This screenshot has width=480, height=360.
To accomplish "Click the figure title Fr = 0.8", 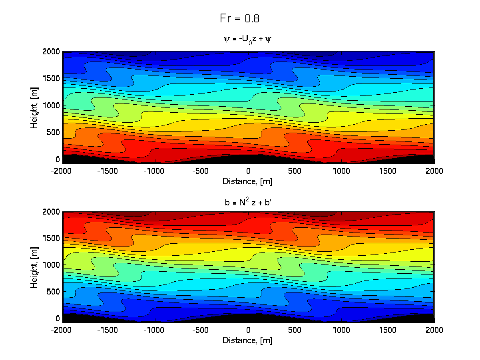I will tap(240, 18).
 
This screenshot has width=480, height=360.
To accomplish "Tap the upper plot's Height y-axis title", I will tap(35, 107).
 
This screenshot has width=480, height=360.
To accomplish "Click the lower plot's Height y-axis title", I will tap(35, 267).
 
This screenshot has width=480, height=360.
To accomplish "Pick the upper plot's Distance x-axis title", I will tap(248, 181).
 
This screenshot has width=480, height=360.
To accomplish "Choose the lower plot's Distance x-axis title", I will tap(248, 340).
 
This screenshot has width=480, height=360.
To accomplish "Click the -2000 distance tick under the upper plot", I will tap(63, 171).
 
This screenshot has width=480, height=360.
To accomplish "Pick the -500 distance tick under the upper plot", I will tap(202, 171).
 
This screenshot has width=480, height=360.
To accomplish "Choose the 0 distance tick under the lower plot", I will tap(248, 330).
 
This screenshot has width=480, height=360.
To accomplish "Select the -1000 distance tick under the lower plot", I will tap(155, 330).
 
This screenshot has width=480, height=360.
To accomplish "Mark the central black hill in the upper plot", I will tap(248, 159).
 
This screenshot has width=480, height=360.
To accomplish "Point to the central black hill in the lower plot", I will tap(248, 318).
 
